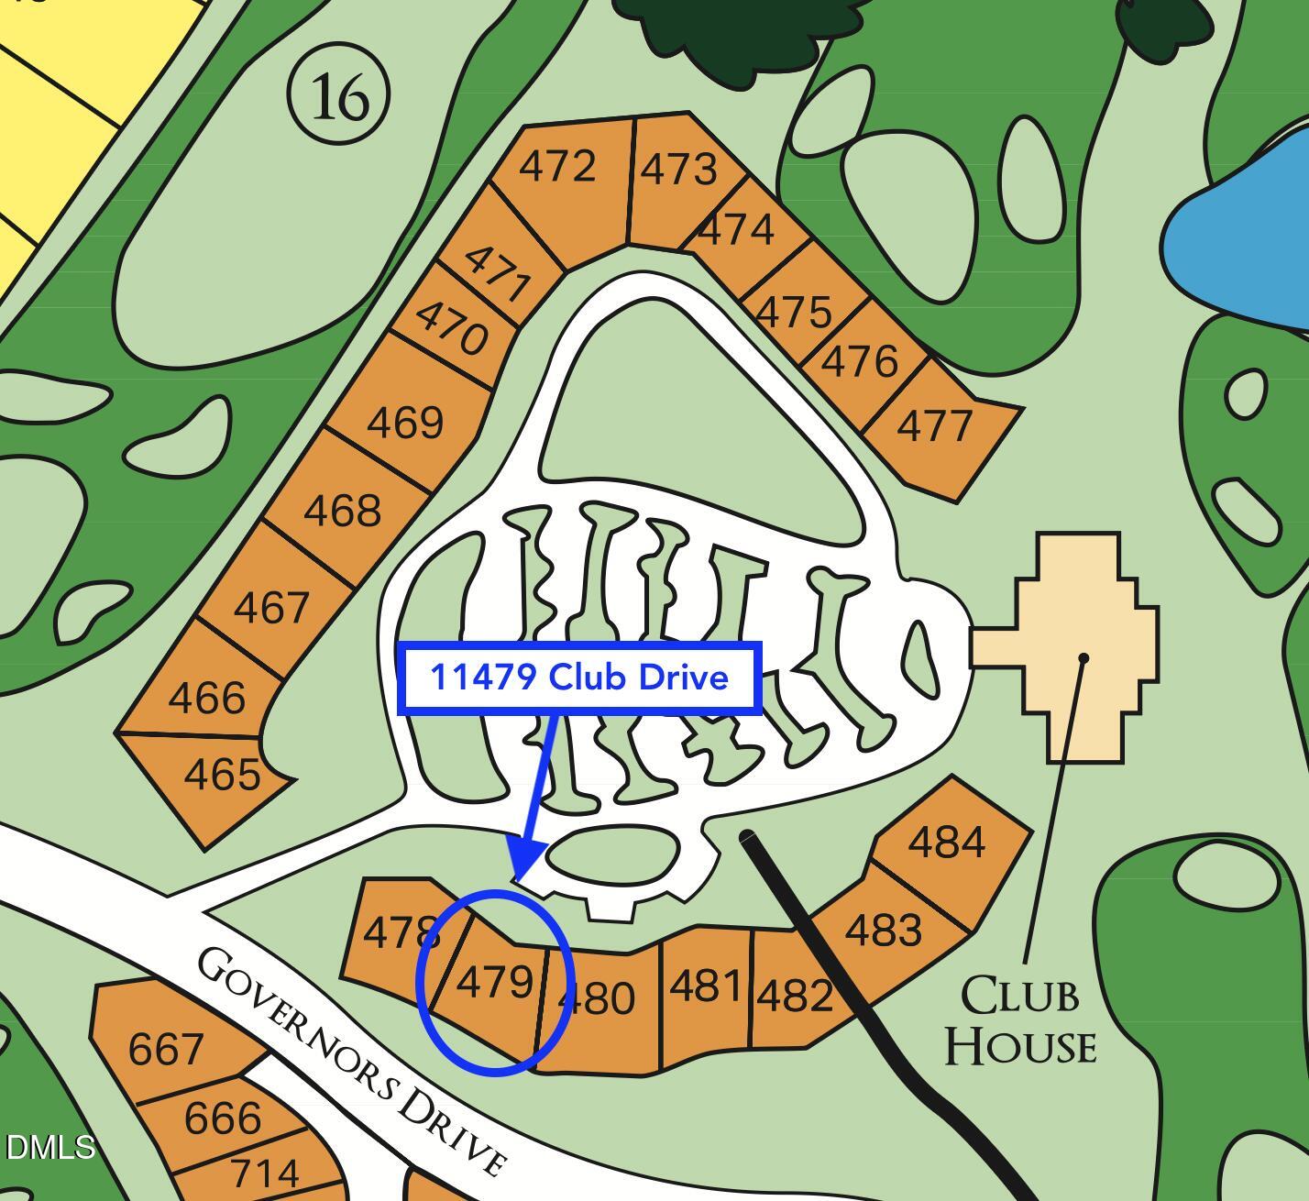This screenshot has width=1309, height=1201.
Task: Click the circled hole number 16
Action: coord(338,95)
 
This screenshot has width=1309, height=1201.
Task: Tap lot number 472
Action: coord(557,167)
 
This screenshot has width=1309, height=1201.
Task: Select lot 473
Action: coord(678,170)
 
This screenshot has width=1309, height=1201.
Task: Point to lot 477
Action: coord(935,427)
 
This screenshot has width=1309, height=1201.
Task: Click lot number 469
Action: coord(405,423)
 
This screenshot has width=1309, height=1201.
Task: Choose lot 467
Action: coord(271,608)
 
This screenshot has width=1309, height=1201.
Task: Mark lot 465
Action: coord(222,776)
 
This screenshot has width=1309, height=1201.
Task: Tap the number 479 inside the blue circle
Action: coord(494,983)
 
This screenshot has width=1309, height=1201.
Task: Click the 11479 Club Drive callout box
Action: coord(579,678)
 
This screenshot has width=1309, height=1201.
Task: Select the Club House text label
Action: coord(1020,1020)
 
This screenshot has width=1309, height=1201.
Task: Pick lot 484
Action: coord(947,842)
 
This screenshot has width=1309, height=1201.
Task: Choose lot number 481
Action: coord(705,987)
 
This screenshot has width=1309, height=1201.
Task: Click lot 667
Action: coord(166,1049)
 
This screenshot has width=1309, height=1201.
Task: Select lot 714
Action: coord(264,1173)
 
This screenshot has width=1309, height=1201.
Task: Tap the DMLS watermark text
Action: coord(50,1147)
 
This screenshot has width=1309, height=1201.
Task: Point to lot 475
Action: coord(794,313)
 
